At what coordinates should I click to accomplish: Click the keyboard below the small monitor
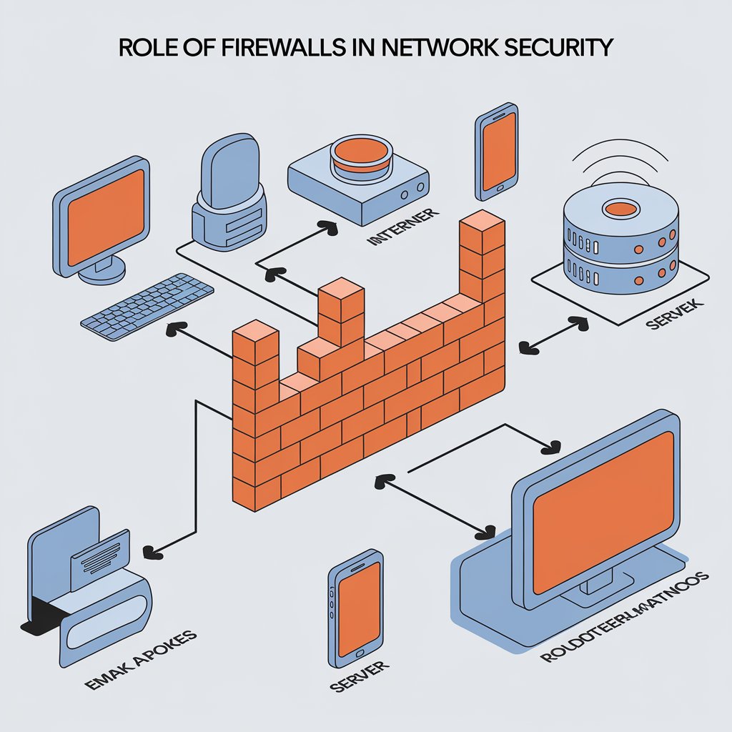[x=147, y=306]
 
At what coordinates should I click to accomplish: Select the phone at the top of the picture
[x=496, y=152]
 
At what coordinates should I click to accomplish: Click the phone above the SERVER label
[x=356, y=605]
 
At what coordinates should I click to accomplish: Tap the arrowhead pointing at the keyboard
[x=171, y=330]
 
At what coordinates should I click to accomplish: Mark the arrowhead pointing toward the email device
[x=151, y=550]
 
